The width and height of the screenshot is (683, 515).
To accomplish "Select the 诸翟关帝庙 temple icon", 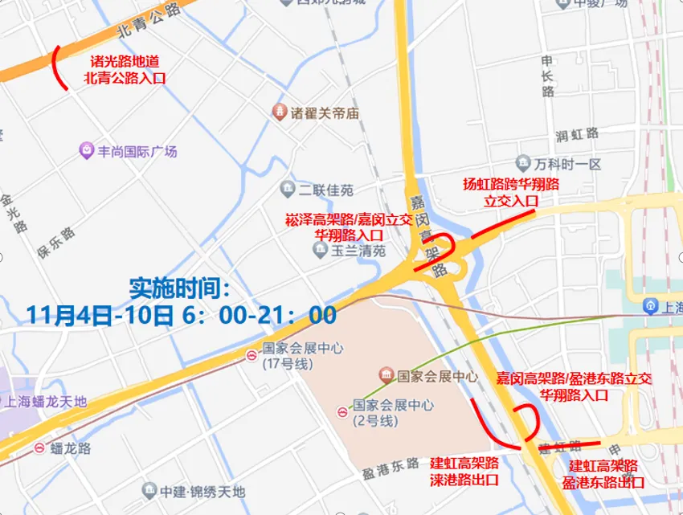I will pyautogui.click(x=279, y=112).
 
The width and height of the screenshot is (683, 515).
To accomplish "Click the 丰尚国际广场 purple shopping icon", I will pyautogui.click(x=86, y=150).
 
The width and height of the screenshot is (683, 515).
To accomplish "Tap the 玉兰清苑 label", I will pyautogui.click(x=358, y=251).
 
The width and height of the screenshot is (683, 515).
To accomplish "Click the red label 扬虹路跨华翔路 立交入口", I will pyautogui.click(x=511, y=191).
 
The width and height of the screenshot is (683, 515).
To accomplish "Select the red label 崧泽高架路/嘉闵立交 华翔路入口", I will pyautogui.click(x=348, y=227).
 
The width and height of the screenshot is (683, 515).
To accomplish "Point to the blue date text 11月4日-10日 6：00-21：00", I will pyautogui.click(x=181, y=314).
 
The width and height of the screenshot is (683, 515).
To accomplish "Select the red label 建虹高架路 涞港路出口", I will pyautogui.click(x=464, y=471).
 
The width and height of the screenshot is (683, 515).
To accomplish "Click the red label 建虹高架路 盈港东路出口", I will pyautogui.click(x=604, y=474).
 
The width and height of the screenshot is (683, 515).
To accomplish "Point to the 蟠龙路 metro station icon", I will pyautogui.click(x=39, y=448).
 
